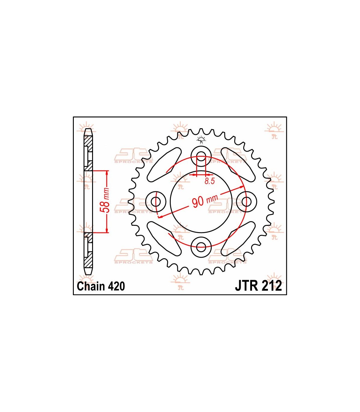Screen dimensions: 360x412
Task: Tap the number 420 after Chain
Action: [x=117, y=286]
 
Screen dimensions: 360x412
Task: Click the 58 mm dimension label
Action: [x=105, y=200]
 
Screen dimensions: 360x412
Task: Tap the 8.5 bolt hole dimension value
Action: [x=210, y=181]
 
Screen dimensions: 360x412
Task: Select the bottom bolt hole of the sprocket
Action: [x=201, y=247]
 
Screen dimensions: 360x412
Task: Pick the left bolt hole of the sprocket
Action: [x=156, y=201]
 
